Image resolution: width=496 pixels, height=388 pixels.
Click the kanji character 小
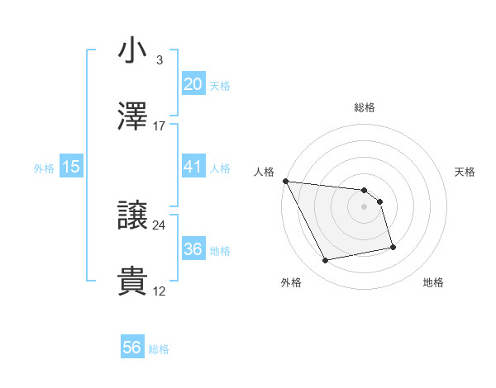point(133,50)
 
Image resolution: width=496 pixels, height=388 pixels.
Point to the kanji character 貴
point(133,282)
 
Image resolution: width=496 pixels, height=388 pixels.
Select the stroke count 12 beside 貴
point(159,291)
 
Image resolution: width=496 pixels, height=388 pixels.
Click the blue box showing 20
point(193,84)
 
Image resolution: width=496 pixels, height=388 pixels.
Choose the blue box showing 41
point(193,167)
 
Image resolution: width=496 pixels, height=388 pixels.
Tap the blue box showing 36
point(193,249)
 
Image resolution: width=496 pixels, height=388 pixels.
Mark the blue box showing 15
point(71,167)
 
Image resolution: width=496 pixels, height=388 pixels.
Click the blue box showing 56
point(132,348)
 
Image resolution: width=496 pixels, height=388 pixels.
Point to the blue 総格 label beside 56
point(159,349)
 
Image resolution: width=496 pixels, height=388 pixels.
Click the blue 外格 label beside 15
point(44,168)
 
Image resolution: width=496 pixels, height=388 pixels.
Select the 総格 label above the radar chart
point(364,107)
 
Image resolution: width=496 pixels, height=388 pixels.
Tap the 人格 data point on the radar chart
point(285,181)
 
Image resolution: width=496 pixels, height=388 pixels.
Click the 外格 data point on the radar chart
point(326,261)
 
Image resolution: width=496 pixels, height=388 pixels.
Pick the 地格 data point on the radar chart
point(393,247)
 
